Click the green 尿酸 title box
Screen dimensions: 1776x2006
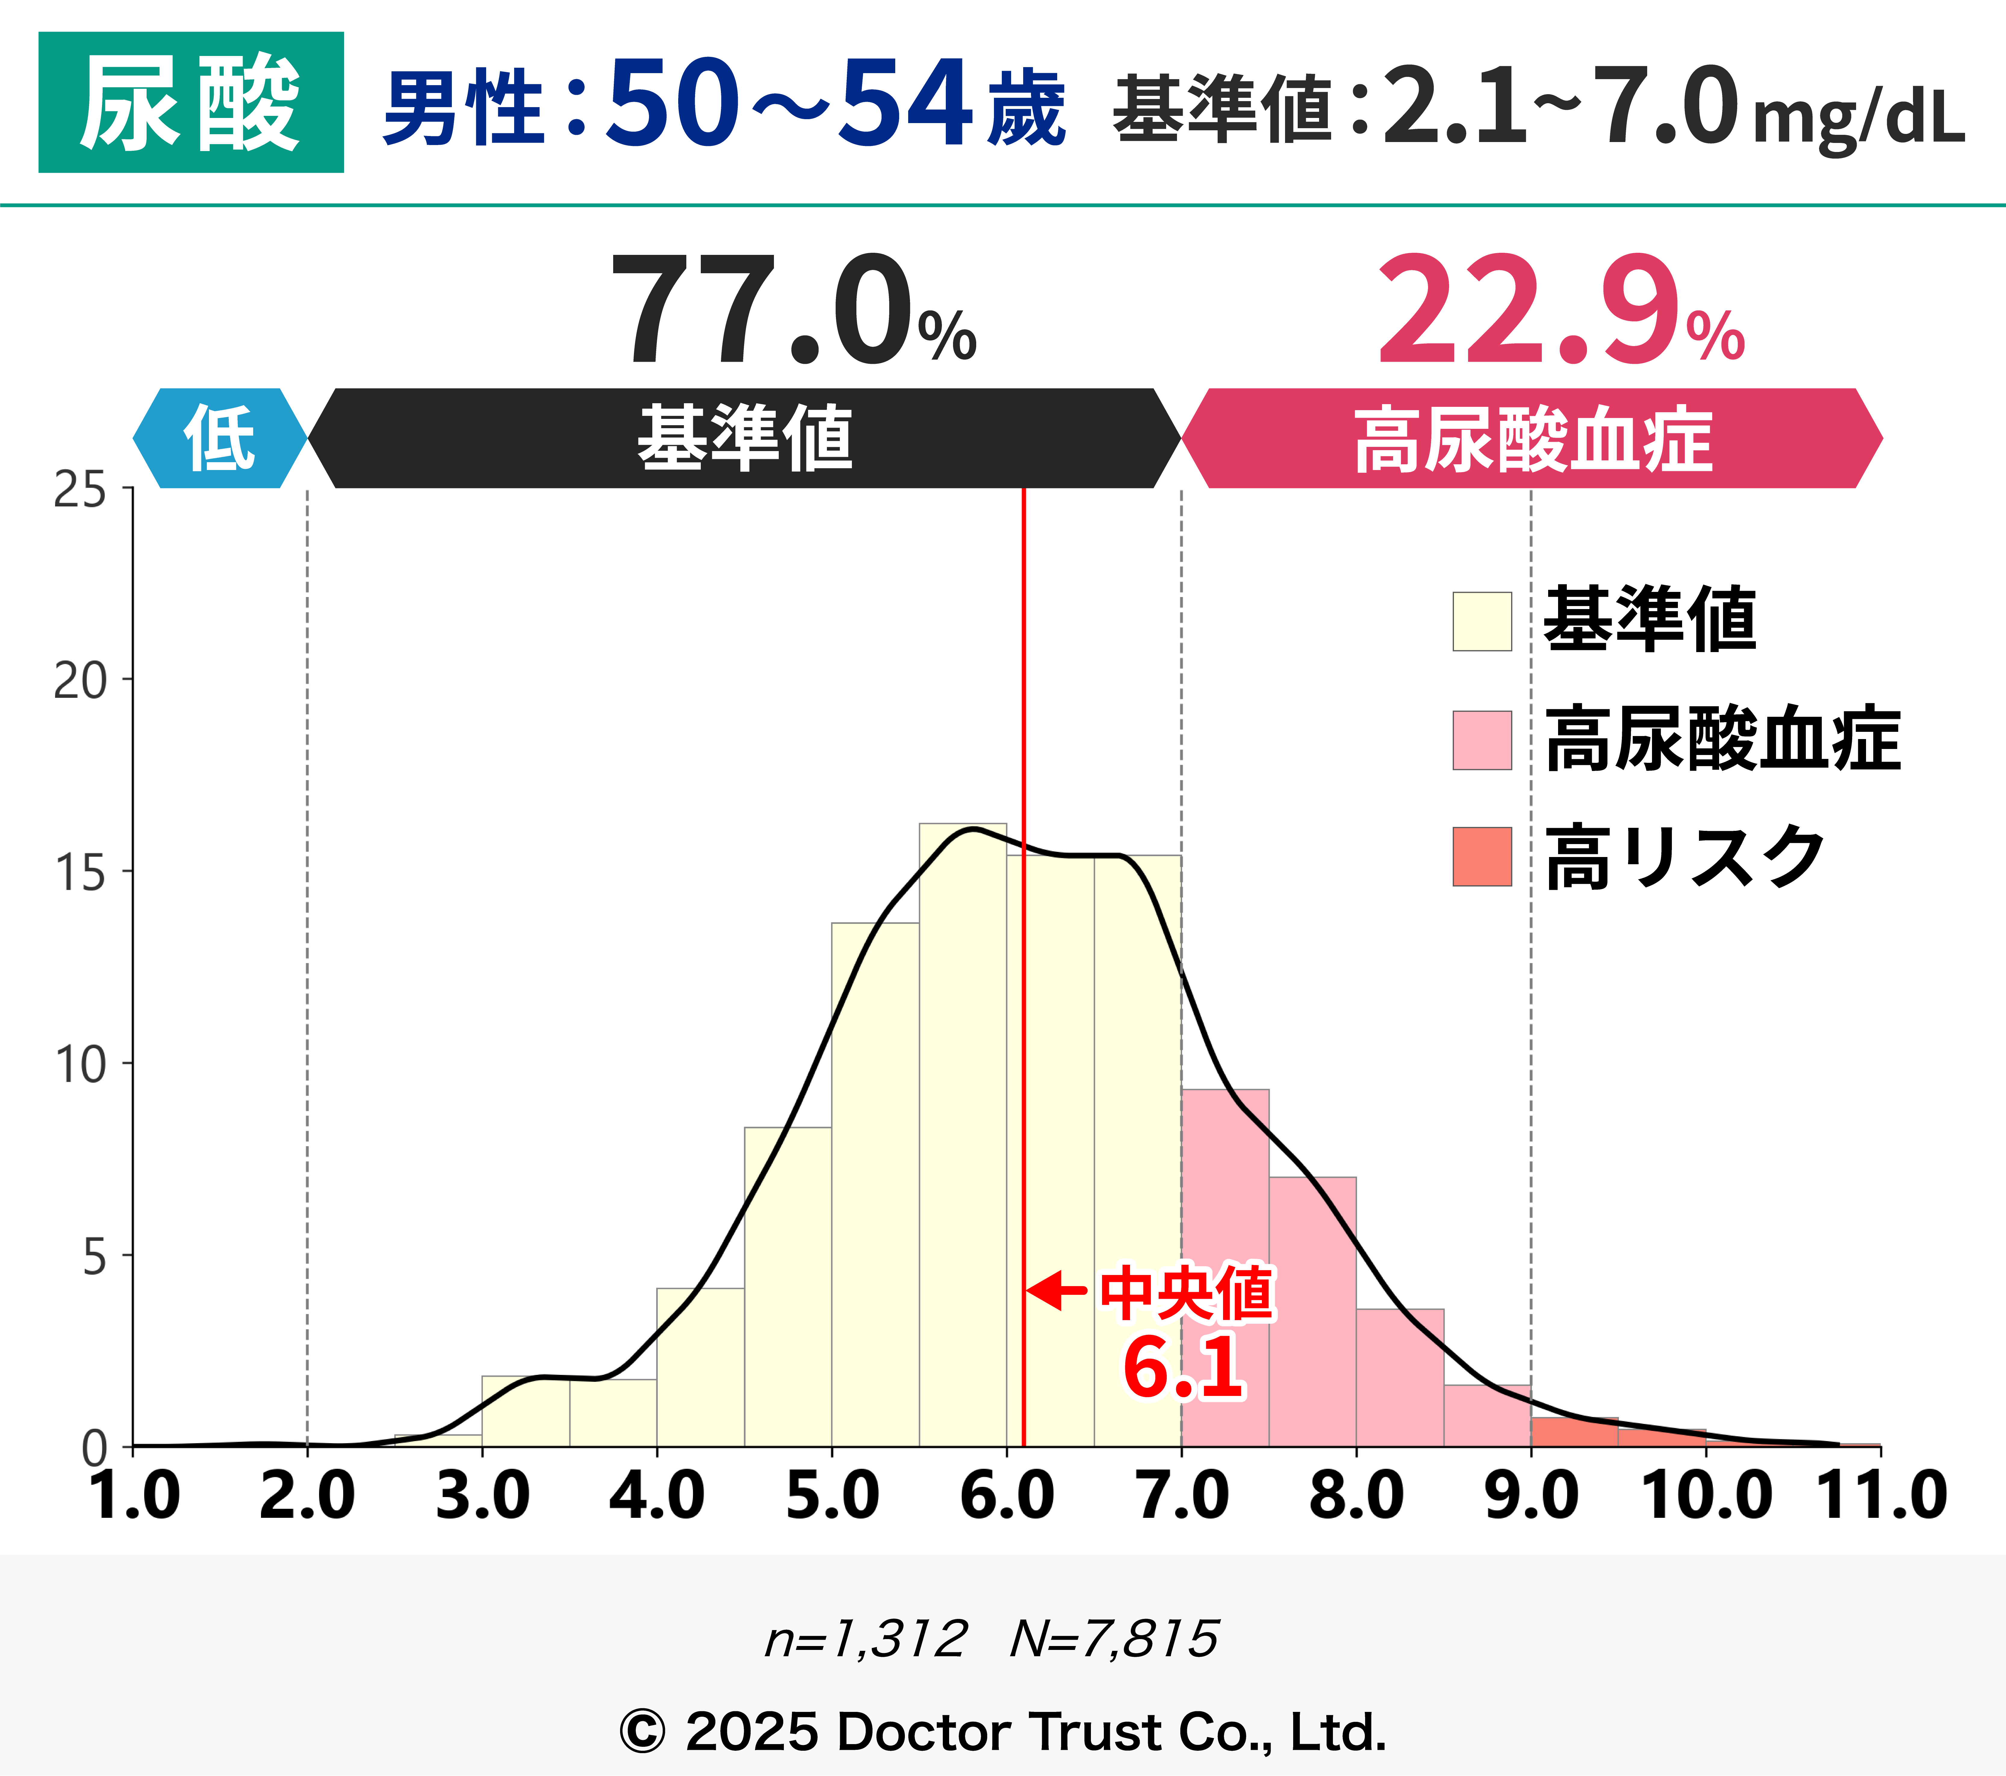click(x=190, y=102)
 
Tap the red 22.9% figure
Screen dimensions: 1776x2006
click(x=1560, y=312)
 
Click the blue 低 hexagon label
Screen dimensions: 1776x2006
click(x=220, y=438)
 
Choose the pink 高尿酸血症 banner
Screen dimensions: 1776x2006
click(x=1531, y=438)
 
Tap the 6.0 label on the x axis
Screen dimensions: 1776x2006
click(x=1007, y=1496)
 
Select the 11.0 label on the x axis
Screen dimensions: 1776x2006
click(x=1880, y=1496)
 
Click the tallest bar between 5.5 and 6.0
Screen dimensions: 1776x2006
click(x=963, y=1138)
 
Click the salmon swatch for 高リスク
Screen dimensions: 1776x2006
click(x=1482, y=857)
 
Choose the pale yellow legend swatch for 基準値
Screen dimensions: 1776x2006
click(x=1482, y=621)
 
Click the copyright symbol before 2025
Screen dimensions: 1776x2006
click(x=643, y=1732)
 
